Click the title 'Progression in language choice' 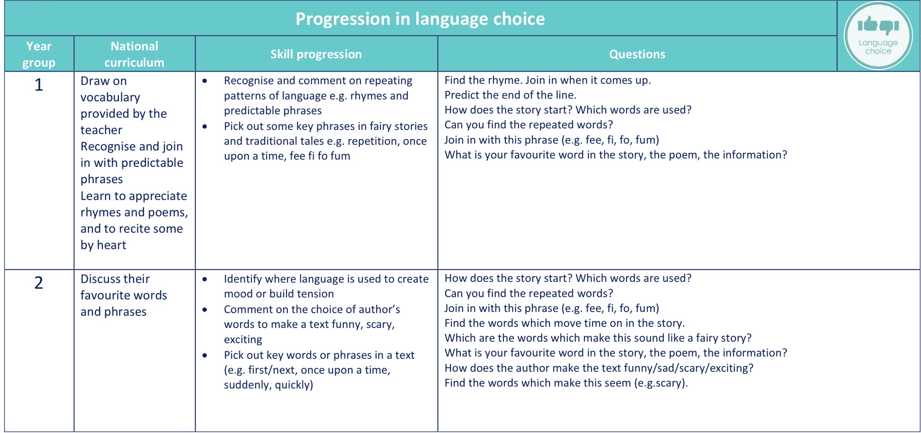point(420,19)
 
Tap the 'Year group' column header point(39,54)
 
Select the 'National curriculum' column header point(135,54)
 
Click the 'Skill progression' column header point(316,54)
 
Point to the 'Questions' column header point(637,54)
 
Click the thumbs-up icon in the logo point(867,24)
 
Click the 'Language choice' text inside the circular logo point(878,47)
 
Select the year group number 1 point(39,85)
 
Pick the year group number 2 point(39,283)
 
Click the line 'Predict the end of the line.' point(510,95)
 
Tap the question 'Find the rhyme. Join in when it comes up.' point(547,80)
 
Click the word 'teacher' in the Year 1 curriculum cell point(101,130)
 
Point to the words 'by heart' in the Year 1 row point(103,245)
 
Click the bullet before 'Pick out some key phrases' point(205,126)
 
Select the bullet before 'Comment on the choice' point(205,310)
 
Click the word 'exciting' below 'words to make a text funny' point(243,339)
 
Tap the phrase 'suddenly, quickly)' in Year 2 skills point(268,385)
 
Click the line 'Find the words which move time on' point(565,323)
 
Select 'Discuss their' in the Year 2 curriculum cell point(115,279)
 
